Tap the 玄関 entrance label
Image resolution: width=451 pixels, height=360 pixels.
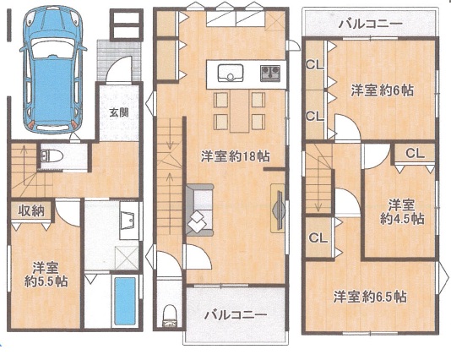pyautogui.click(x=119, y=112)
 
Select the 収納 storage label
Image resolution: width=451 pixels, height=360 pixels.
pyautogui.click(x=31, y=211)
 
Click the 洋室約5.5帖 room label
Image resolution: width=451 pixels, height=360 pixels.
pyautogui.click(x=46, y=275)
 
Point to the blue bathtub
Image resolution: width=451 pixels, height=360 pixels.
pyautogui.click(x=125, y=301)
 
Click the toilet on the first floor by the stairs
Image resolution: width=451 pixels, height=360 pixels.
pyautogui.click(x=52, y=156)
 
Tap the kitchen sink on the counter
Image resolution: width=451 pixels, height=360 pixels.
pyautogui.click(x=230, y=73)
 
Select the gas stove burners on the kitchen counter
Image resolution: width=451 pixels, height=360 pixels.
pyautogui.click(x=270, y=72)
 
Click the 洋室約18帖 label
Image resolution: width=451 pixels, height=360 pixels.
pyautogui.click(x=235, y=157)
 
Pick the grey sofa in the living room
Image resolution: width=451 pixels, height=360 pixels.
pyautogui.click(x=199, y=210)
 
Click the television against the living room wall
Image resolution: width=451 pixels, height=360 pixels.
pyautogui.click(x=279, y=208)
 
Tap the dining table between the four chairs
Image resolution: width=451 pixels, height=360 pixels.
pyautogui.click(x=239, y=111)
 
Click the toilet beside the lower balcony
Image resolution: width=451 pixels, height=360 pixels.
pyautogui.click(x=170, y=316)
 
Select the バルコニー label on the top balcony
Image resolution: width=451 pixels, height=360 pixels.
pyautogui.click(x=370, y=24)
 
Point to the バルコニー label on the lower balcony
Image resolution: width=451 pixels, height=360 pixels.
pyautogui.click(x=236, y=315)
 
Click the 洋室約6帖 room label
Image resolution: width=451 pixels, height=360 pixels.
pyautogui.click(x=382, y=90)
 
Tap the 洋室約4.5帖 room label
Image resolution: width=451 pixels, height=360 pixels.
pyautogui.click(x=402, y=212)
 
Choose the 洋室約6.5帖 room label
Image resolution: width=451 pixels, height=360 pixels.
pyautogui.click(x=370, y=297)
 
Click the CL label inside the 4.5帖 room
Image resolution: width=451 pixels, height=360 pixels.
pyautogui.click(x=415, y=154)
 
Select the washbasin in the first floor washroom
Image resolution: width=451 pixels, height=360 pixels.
pyautogui.click(x=129, y=221)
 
